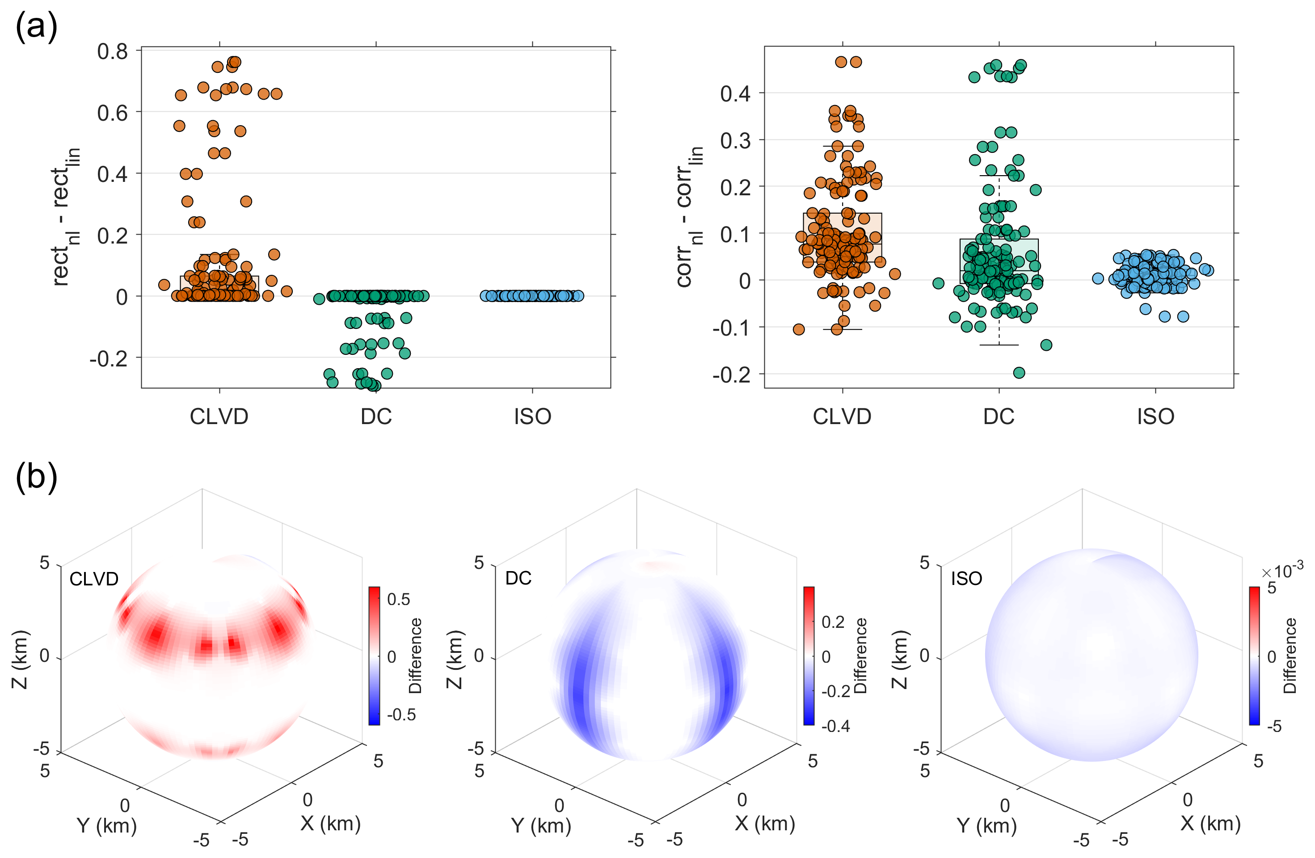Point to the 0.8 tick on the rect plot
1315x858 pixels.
tap(112, 51)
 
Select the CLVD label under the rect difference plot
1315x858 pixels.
tap(219, 416)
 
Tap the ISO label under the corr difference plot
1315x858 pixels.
tap(1155, 416)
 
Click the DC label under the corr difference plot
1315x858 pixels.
tap(999, 416)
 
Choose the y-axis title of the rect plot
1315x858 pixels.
tap(66, 217)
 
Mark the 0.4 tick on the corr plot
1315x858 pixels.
tap(735, 94)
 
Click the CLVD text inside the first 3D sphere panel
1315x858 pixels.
tap(94, 578)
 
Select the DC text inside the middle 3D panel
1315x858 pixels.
tap(518, 578)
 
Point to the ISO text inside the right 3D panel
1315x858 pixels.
tap(966, 578)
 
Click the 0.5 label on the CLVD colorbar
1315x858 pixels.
tap(398, 599)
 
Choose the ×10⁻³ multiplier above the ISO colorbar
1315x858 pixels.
tap(1282, 568)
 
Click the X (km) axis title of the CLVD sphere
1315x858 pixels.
tap(330, 823)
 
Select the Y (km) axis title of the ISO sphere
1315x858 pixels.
tap(987, 825)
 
